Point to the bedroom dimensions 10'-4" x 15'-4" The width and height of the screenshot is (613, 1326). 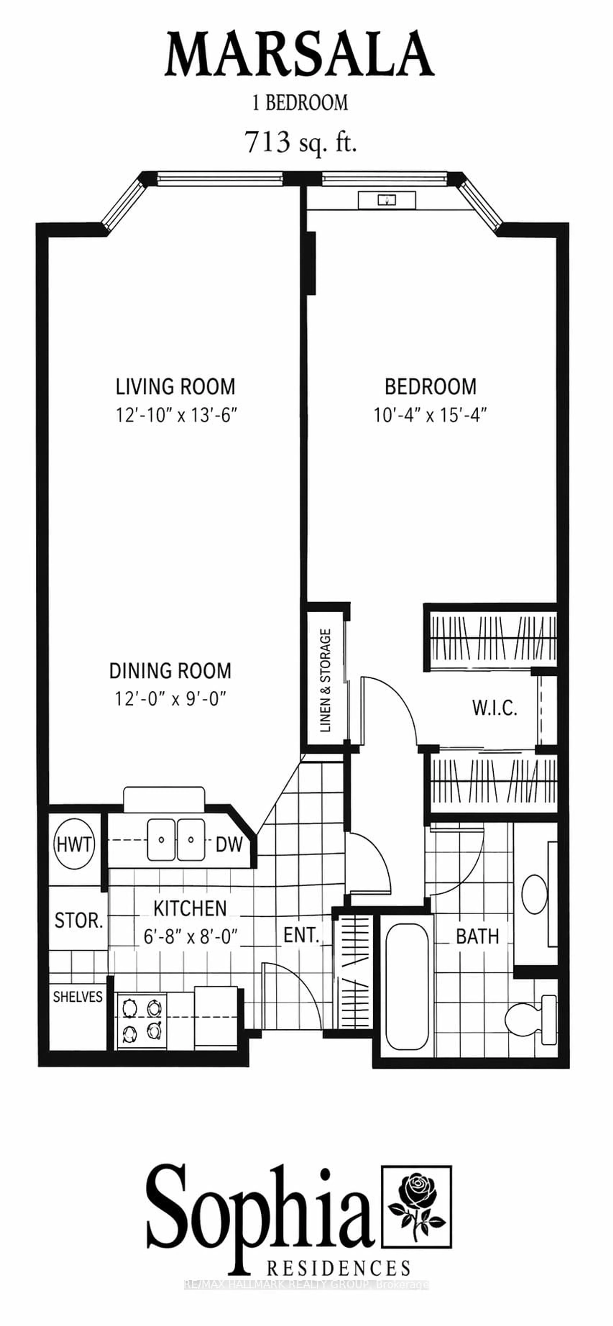point(430,415)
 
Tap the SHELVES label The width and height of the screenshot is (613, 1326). point(78,997)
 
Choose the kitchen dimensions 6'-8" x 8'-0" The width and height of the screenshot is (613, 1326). point(190,937)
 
